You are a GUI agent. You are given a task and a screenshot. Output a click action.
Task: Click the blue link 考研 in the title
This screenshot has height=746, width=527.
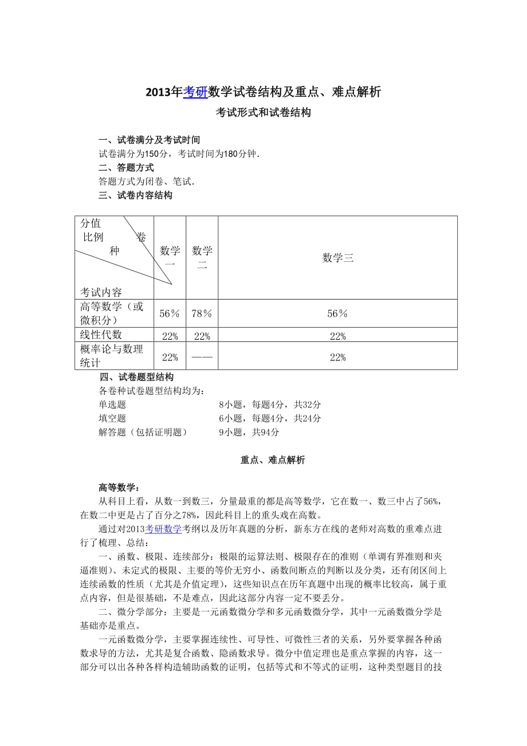pyautogui.click(x=195, y=92)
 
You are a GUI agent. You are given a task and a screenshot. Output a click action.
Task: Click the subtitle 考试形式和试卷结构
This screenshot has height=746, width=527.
pyautogui.click(x=263, y=113)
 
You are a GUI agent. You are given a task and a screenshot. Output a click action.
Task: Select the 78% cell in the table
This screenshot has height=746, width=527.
pyautogui.click(x=202, y=313)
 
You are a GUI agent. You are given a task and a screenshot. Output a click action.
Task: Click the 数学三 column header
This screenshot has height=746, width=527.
pyautogui.click(x=337, y=258)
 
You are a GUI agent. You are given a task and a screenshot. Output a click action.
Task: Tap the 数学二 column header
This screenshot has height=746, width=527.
pyautogui.click(x=202, y=257)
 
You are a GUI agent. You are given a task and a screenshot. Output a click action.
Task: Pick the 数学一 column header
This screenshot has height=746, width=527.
pyautogui.click(x=170, y=257)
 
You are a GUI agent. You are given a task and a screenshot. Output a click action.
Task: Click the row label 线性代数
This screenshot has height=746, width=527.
pyautogui.click(x=101, y=335)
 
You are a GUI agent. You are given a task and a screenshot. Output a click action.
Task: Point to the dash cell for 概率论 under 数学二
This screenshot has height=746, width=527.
pyautogui.click(x=202, y=357)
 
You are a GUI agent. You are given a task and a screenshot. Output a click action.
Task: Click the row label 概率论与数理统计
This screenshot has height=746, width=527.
pyautogui.click(x=112, y=355)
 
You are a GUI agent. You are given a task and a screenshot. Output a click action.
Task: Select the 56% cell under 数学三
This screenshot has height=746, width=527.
pyautogui.click(x=337, y=313)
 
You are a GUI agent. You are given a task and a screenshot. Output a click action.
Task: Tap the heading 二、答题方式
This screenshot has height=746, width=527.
pyautogui.click(x=126, y=168)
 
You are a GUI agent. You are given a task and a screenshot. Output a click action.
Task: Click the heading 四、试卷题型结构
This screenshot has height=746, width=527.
pyautogui.click(x=137, y=377)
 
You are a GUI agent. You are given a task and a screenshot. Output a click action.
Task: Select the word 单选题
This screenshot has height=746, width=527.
pyautogui.click(x=112, y=405)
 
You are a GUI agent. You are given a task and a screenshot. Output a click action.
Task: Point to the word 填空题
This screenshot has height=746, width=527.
pyautogui.click(x=112, y=419)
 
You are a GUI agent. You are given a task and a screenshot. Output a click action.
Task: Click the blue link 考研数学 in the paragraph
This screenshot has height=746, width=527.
pyautogui.click(x=163, y=529)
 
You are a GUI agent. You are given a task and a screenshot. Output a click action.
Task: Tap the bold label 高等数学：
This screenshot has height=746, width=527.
pyautogui.click(x=119, y=488)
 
